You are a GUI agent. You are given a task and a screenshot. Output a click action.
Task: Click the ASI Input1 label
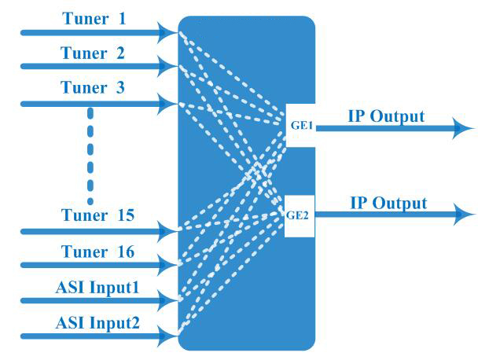click(x=97, y=287)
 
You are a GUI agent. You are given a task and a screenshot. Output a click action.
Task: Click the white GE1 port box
click(x=300, y=124)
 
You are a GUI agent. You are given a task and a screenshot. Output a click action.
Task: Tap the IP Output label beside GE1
click(x=386, y=117)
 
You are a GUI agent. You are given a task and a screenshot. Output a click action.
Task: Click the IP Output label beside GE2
click(x=388, y=204)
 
